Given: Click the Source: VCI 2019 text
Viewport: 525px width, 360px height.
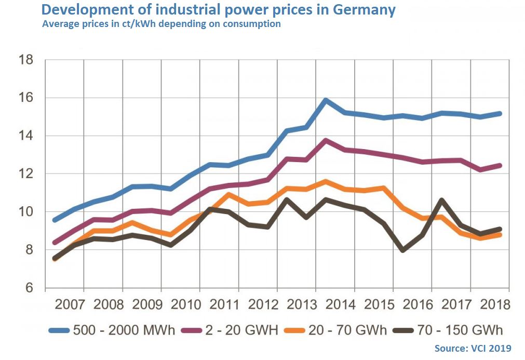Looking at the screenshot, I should [x=472, y=348].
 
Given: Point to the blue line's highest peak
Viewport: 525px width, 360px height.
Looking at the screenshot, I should [x=326, y=100].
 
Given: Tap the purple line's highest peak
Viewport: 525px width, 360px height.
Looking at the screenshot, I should [x=326, y=140].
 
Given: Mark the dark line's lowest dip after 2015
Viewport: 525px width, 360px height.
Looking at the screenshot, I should [x=402, y=250].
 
